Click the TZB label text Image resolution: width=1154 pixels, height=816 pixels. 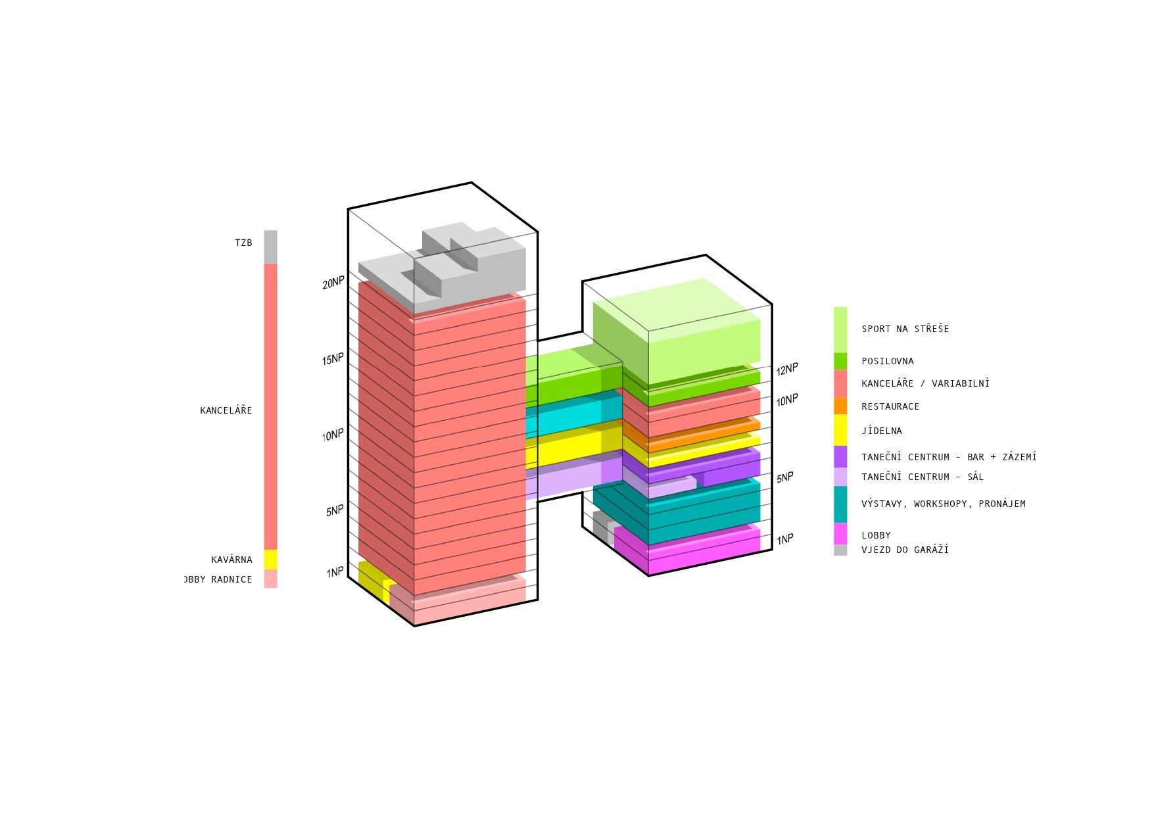pyautogui.click(x=243, y=243)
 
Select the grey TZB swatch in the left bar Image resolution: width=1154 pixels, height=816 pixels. pyautogui.click(x=270, y=247)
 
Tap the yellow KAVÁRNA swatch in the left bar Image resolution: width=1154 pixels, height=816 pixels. pyautogui.click(x=270, y=560)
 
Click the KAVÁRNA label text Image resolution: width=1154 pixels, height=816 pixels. pyautogui.click(x=231, y=560)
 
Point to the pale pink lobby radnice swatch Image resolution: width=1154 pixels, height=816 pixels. pyautogui.click(x=270, y=579)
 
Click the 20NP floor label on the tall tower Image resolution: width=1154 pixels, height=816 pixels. pyautogui.click(x=333, y=283)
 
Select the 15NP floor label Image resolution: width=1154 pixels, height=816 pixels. pyautogui.click(x=333, y=359)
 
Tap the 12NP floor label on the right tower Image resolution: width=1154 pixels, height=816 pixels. pyautogui.click(x=787, y=370)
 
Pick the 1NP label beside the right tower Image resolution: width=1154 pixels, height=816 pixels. pyautogui.click(x=785, y=540)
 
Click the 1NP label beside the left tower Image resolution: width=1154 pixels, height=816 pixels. pyautogui.click(x=335, y=572)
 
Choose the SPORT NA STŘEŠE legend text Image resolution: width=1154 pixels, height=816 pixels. pyautogui.click(x=905, y=329)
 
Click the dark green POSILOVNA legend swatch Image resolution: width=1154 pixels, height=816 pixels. pyautogui.click(x=840, y=362)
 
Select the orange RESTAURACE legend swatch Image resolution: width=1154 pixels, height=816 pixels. pyautogui.click(x=840, y=406)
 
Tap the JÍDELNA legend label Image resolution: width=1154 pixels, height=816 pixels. pyautogui.click(x=882, y=431)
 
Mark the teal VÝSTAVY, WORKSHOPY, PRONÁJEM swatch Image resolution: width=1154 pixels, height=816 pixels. pyautogui.click(x=840, y=504)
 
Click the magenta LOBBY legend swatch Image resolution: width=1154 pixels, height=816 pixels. pyautogui.click(x=840, y=534)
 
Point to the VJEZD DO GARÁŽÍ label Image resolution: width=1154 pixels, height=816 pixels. pyautogui.click(x=905, y=550)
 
